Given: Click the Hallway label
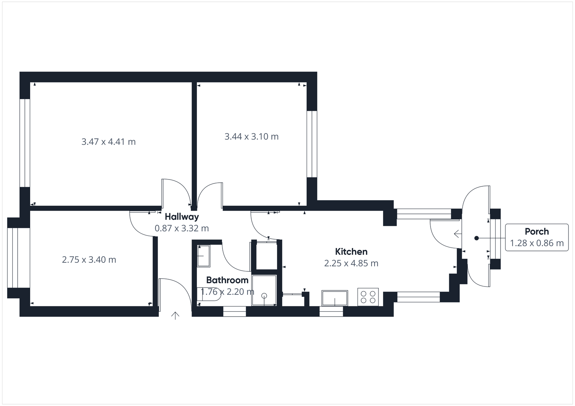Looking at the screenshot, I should pyautogui.click(x=181, y=217).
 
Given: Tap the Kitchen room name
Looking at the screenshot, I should pyautogui.click(x=351, y=252).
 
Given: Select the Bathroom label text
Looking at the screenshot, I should pyautogui.click(x=227, y=280).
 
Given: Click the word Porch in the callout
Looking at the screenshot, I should pyautogui.click(x=537, y=232).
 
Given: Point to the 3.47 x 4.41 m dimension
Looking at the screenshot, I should pyautogui.click(x=109, y=142).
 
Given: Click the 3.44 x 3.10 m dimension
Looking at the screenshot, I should pyautogui.click(x=252, y=136).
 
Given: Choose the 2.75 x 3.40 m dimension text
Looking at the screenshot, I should pyautogui.click(x=89, y=260).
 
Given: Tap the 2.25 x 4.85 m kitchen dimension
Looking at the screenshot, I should pyautogui.click(x=351, y=263).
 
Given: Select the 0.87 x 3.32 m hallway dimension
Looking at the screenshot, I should pyautogui.click(x=181, y=228).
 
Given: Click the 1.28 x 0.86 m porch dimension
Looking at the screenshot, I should pyautogui.click(x=537, y=243).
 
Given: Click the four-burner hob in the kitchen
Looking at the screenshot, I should pyautogui.click(x=368, y=297).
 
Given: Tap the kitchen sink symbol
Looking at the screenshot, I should pyautogui.click(x=335, y=298).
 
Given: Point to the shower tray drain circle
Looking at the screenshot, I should pyautogui.click(x=264, y=296).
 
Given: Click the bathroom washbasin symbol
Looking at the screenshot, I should pyautogui.click(x=204, y=256).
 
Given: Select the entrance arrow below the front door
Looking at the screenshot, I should pyautogui.click(x=175, y=316).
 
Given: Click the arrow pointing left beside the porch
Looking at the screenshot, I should pyautogui.click(x=457, y=234).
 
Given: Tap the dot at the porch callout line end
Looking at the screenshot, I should pyautogui.click(x=476, y=238).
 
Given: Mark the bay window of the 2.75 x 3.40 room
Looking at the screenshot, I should pyautogui.click(x=13, y=257).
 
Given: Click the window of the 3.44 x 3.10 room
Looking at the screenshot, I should pyautogui.click(x=312, y=144).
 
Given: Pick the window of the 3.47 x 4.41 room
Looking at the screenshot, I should pyautogui.click(x=25, y=143).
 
